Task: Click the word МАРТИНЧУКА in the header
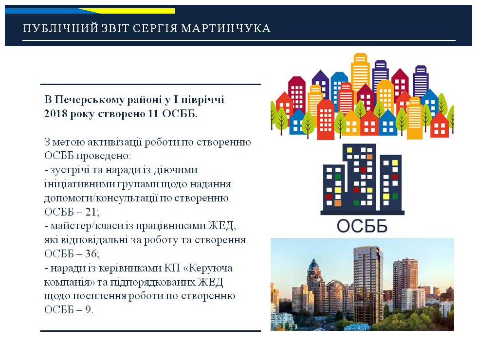(x=226, y=28)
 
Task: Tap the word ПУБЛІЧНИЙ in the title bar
(x=61, y=28)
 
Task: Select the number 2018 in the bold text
(x=55, y=113)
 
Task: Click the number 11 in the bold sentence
(x=153, y=113)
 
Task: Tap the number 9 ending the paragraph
(x=88, y=309)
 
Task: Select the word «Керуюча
(x=208, y=268)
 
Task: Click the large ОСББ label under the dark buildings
(x=362, y=226)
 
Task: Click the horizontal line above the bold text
(x=150, y=84)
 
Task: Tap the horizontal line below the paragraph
(x=150, y=331)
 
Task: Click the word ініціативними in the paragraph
(x=77, y=184)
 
